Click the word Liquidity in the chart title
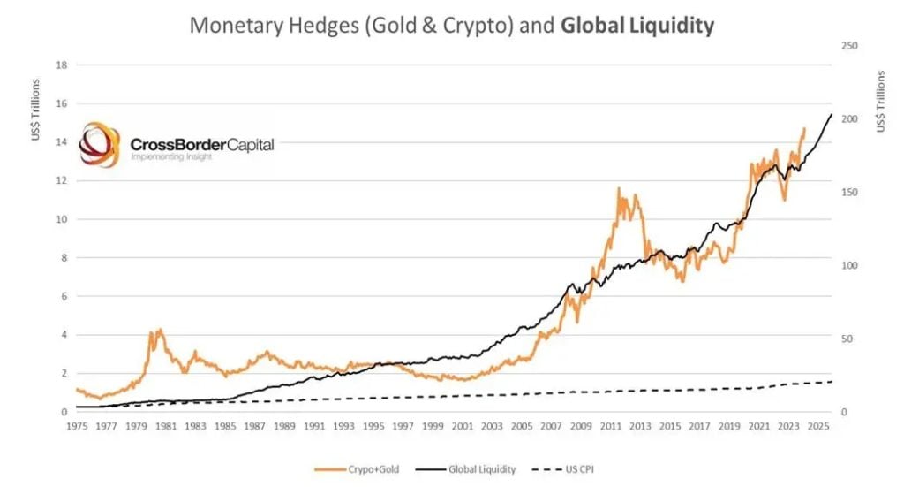[672, 26]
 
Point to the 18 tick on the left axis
[61, 65]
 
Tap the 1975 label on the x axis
[77, 426]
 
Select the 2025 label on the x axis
[817, 426]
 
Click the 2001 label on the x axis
[462, 426]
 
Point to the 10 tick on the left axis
[61, 219]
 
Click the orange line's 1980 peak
[160, 330]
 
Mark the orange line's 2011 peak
[618, 188]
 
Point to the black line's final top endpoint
[832, 115]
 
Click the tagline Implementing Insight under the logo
[167, 156]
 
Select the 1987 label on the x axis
[254, 426]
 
